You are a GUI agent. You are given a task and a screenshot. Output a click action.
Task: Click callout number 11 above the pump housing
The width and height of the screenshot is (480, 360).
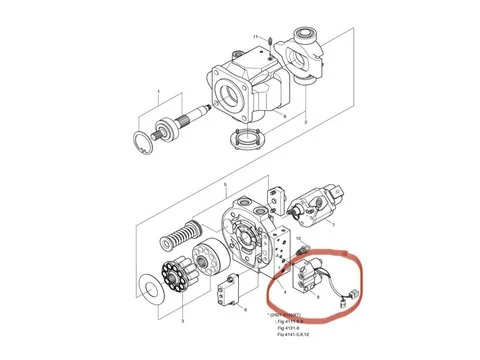pyautogui.click(x=256, y=37)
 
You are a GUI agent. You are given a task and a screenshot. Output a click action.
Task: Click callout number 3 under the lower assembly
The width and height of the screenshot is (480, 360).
pyautogui.click(x=182, y=321)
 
